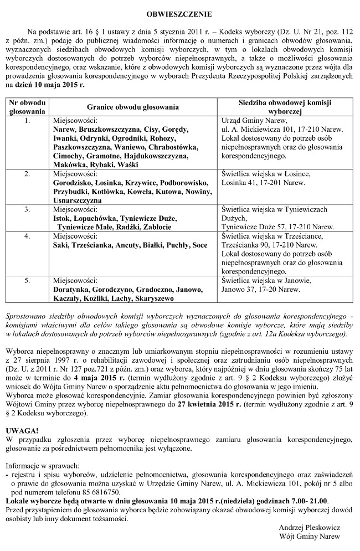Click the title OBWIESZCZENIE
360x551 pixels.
(x=179, y=12)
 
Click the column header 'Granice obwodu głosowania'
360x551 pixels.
(x=132, y=107)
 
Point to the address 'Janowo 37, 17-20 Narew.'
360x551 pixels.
(x=260, y=289)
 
